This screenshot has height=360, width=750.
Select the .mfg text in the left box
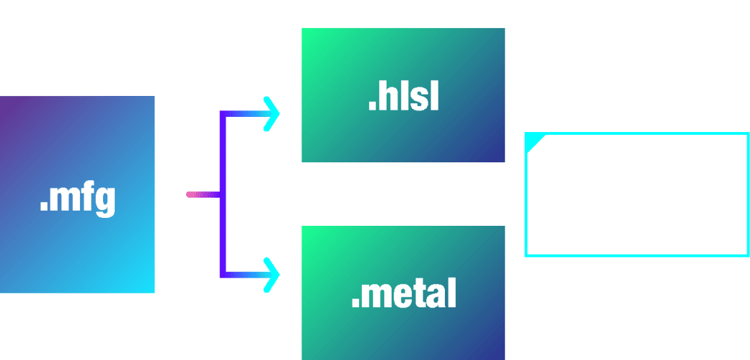(77, 200)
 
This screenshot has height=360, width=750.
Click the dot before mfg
(43, 210)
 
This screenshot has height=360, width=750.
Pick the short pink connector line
(201, 194)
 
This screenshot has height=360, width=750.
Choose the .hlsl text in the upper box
(403, 98)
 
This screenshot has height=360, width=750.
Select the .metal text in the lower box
(403, 294)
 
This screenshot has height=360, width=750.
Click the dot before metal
(356, 304)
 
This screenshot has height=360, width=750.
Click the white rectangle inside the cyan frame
(635, 196)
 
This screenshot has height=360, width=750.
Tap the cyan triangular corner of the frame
(531, 141)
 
